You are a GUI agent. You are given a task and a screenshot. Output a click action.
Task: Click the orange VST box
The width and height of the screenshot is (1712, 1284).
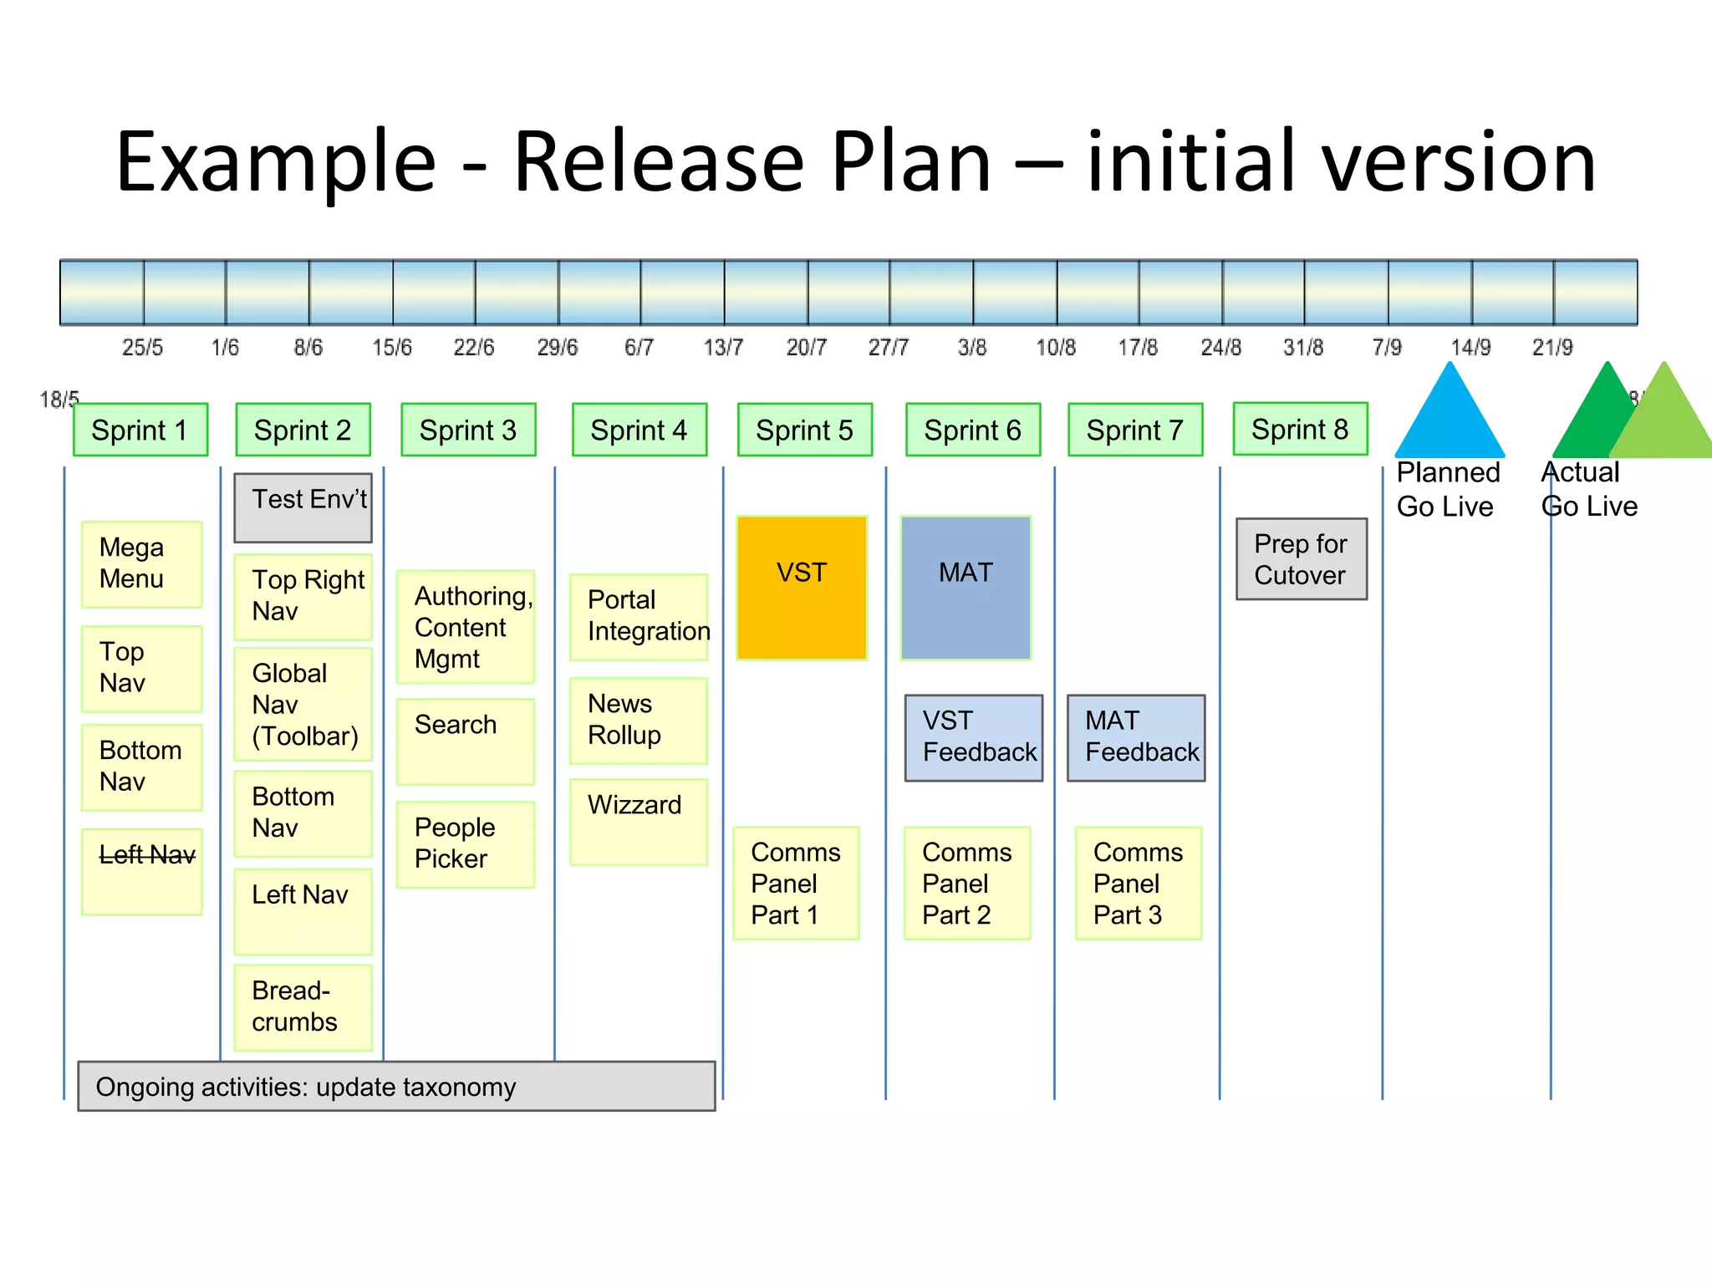click(x=802, y=588)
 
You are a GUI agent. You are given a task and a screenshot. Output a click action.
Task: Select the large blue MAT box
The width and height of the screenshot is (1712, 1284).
click(x=966, y=588)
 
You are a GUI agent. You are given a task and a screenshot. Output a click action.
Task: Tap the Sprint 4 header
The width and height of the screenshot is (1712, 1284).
click(x=639, y=430)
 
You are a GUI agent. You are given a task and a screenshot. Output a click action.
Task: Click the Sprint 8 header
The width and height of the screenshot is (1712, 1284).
click(x=1300, y=429)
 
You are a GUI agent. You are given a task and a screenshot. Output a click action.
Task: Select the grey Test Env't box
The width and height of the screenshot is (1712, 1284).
click(x=303, y=507)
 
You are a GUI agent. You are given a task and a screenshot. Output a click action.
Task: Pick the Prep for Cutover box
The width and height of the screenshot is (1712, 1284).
click(x=1301, y=559)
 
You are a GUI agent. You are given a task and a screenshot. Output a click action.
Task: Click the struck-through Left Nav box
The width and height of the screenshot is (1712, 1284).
click(x=142, y=871)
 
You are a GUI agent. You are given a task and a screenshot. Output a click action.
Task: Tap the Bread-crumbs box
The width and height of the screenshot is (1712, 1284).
click(x=303, y=1006)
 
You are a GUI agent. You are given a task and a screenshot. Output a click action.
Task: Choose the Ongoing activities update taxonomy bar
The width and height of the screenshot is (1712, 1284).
click(x=396, y=1086)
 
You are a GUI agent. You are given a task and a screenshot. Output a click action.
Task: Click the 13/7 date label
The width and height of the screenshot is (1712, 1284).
click(x=723, y=347)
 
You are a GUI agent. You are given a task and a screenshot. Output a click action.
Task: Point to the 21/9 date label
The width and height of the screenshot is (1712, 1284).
click(x=1552, y=347)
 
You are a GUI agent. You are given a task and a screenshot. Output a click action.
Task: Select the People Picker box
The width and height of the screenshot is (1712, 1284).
click(x=465, y=843)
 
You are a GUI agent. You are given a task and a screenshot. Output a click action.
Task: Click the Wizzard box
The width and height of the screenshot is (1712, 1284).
click(x=638, y=821)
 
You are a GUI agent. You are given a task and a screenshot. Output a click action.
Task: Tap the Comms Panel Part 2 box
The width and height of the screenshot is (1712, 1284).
click(x=966, y=883)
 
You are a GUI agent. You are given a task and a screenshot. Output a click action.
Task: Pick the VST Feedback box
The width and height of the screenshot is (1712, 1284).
click(x=973, y=737)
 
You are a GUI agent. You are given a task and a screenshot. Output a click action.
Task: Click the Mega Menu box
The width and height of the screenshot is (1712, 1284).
click(x=142, y=563)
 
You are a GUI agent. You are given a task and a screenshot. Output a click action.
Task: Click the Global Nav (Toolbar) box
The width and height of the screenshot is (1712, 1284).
click(x=303, y=704)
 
